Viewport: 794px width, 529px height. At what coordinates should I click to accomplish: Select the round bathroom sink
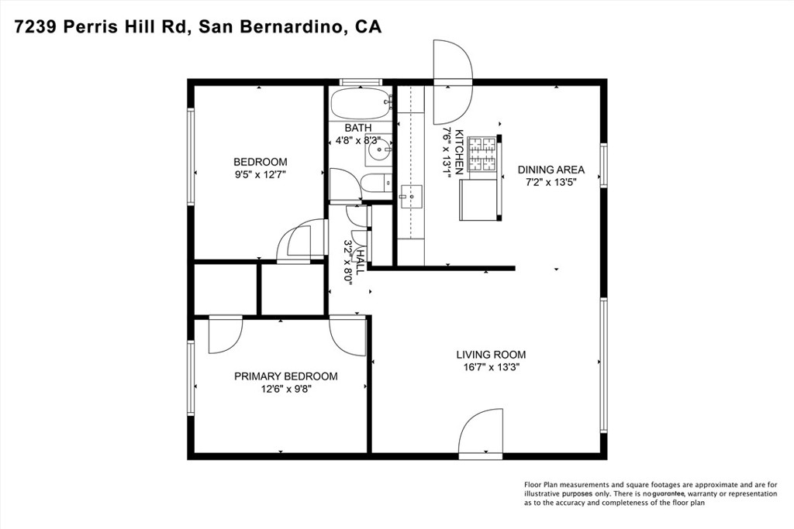[378, 153]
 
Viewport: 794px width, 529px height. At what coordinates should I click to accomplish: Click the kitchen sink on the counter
[410, 197]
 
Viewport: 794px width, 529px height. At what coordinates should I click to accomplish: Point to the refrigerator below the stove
[479, 199]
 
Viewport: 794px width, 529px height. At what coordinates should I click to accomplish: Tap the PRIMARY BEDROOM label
[286, 376]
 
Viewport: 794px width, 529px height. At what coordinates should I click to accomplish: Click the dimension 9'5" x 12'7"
[261, 175]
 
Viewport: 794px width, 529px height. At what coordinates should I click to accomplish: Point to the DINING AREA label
[551, 170]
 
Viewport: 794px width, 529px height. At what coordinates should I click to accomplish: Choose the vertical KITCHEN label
[459, 151]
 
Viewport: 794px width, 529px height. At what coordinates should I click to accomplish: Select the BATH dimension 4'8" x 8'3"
[357, 141]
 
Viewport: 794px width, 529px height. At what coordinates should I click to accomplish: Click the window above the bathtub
[361, 81]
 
